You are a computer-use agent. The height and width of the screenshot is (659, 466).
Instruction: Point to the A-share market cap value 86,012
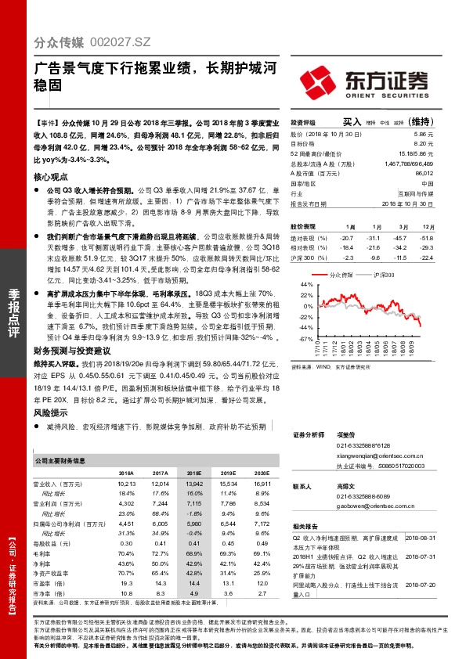423,172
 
